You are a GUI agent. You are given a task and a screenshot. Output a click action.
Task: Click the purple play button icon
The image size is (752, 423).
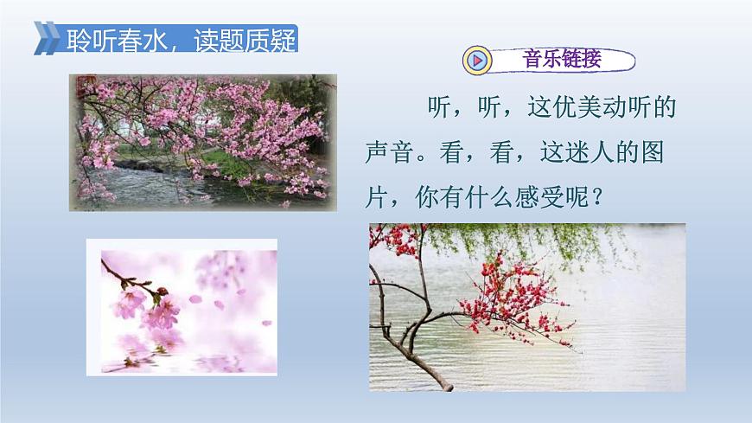477,61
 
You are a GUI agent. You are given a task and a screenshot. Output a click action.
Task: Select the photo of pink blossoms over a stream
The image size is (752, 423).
201,142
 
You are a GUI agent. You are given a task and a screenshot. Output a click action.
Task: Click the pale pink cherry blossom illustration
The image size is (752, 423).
182,307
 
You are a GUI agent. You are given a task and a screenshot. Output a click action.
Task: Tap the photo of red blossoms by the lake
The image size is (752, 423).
527,307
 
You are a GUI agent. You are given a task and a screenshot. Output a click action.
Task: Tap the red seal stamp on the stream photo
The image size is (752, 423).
82,87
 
